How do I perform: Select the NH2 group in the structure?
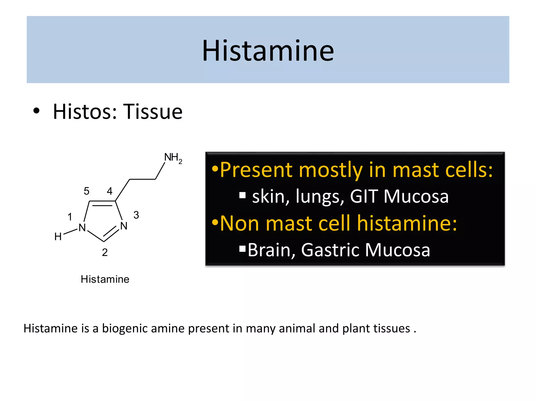tap(172, 158)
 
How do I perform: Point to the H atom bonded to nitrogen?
tap(58, 237)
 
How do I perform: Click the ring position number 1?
tap(70, 217)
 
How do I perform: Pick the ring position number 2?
tap(105, 252)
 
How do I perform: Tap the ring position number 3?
tap(136, 215)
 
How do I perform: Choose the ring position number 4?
tap(110, 191)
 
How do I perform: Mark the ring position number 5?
tap(86, 191)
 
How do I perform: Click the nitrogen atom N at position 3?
tap(124, 226)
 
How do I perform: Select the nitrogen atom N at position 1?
tap(82, 228)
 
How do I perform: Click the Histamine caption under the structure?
tap(105, 279)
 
